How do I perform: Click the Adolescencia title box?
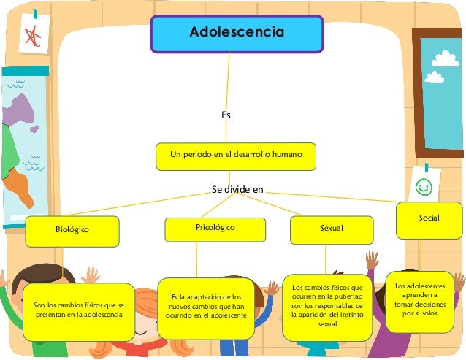coord(237,34)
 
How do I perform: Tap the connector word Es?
coord(226,115)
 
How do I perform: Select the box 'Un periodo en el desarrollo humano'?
coord(237,156)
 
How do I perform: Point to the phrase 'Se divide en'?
coord(237,189)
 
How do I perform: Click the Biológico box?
coord(72,230)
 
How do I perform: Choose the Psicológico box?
coord(215,229)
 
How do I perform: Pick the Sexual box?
coord(331,229)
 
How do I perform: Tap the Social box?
coord(429,219)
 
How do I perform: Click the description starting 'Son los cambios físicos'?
coord(80,310)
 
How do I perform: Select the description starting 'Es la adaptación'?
coord(205,307)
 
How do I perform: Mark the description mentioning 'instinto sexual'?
coord(327,307)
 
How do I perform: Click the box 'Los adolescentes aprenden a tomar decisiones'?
coord(419,300)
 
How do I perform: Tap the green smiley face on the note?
coord(423,187)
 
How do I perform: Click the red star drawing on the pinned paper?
coord(33,37)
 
